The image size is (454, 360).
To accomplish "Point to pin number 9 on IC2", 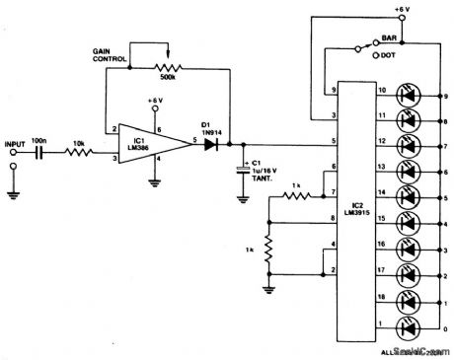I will click(x=335, y=92).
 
